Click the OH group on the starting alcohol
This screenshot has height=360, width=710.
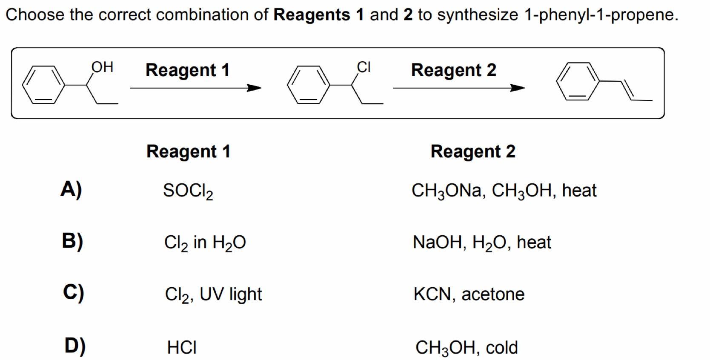click(x=102, y=67)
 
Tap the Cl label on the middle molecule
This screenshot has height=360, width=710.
click(x=364, y=67)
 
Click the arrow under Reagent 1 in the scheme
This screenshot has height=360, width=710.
click(x=195, y=88)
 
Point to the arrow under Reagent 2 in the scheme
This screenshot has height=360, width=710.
click(x=458, y=88)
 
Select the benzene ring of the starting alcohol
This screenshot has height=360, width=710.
click(x=44, y=84)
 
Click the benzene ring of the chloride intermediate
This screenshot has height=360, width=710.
click(x=309, y=84)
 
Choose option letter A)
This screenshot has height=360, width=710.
click(x=71, y=189)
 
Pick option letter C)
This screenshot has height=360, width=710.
click(x=73, y=293)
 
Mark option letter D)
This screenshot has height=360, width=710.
click(x=75, y=346)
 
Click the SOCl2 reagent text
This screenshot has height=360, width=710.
click(x=188, y=191)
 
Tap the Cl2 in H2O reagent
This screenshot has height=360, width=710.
click(x=205, y=243)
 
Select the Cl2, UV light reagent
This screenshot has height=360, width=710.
click(x=213, y=294)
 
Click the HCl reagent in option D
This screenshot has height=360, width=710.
click(x=182, y=347)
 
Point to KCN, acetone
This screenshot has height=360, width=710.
click(x=469, y=294)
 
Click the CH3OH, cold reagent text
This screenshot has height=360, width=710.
click(x=467, y=348)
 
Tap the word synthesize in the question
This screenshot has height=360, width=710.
click(x=477, y=15)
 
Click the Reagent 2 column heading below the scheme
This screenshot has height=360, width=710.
click(x=473, y=151)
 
